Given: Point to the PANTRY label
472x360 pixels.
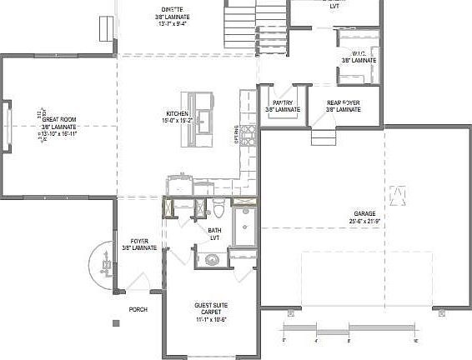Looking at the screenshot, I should [x=283, y=102].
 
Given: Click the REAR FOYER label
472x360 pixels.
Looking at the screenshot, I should [x=343, y=102].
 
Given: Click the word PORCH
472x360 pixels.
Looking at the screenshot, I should [x=138, y=309].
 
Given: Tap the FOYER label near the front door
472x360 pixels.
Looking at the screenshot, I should [x=139, y=241].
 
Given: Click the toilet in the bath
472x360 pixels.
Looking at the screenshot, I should [x=216, y=207].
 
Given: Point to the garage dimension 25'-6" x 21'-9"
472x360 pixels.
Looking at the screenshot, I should [x=364, y=222].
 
